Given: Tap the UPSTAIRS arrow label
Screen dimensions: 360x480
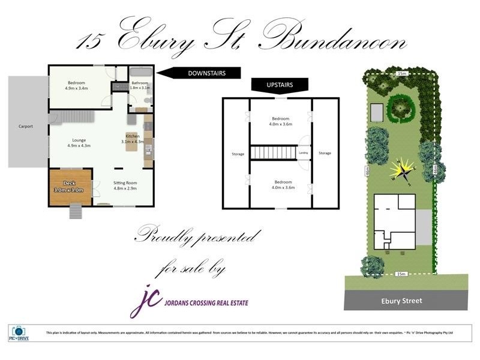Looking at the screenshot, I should tap(280, 85).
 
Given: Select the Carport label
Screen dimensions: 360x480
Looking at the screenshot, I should tap(25, 127).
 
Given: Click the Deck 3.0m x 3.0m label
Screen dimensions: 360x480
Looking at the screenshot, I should tap(70, 187).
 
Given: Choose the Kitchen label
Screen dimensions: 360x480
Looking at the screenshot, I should tap(133, 139).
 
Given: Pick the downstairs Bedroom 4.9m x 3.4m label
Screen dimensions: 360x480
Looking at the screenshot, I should tap(76, 85).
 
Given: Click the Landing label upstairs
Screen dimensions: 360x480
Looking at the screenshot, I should tap(304, 153).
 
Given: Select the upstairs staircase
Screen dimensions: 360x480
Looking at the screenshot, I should tap(274, 152).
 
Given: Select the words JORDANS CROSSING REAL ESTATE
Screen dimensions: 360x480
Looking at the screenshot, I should tap(206, 303).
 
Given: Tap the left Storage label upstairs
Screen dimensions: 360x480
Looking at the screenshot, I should tap(238, 154).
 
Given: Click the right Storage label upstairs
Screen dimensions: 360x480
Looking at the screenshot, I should tap(325, 153).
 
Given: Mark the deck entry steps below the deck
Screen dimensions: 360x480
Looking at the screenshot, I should tap(75, 212).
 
